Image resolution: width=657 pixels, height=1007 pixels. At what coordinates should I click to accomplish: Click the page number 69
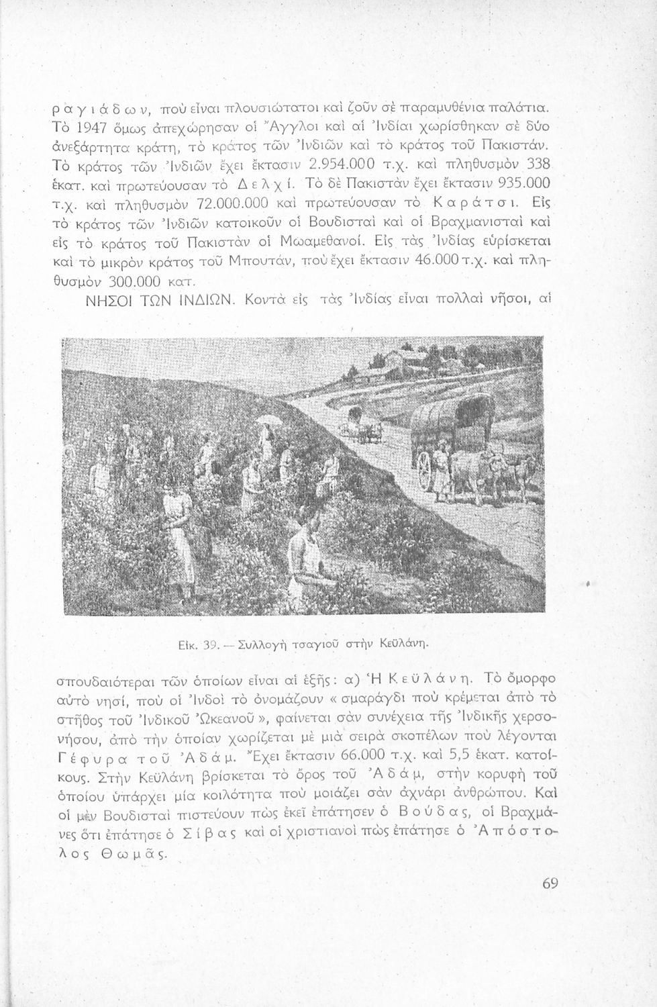click(550, 884)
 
